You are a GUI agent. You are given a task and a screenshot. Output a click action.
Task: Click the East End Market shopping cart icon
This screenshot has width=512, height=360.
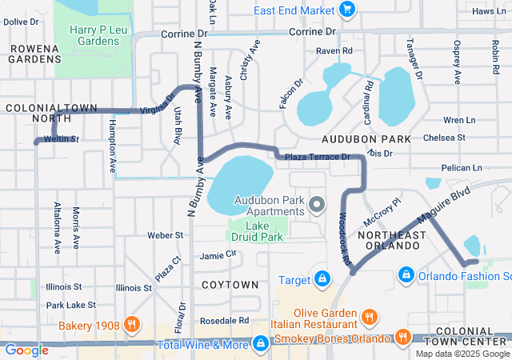click(346, 10)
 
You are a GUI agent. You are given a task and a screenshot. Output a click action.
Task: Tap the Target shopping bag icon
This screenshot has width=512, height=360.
click(322, 279)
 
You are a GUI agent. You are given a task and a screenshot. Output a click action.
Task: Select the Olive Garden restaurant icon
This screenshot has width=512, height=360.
click(369, 315)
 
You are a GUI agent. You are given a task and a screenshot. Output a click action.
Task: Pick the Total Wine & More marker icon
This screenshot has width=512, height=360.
click(260, 344)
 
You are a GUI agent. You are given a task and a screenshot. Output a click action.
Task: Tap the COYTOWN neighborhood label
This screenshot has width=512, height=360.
click(230, 285)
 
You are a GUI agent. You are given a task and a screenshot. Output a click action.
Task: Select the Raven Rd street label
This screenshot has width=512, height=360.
click(334, 50)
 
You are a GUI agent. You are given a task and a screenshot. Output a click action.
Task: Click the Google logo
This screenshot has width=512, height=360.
click(27, 350)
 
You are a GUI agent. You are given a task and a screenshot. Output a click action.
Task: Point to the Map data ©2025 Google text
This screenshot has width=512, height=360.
click(462, 354)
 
